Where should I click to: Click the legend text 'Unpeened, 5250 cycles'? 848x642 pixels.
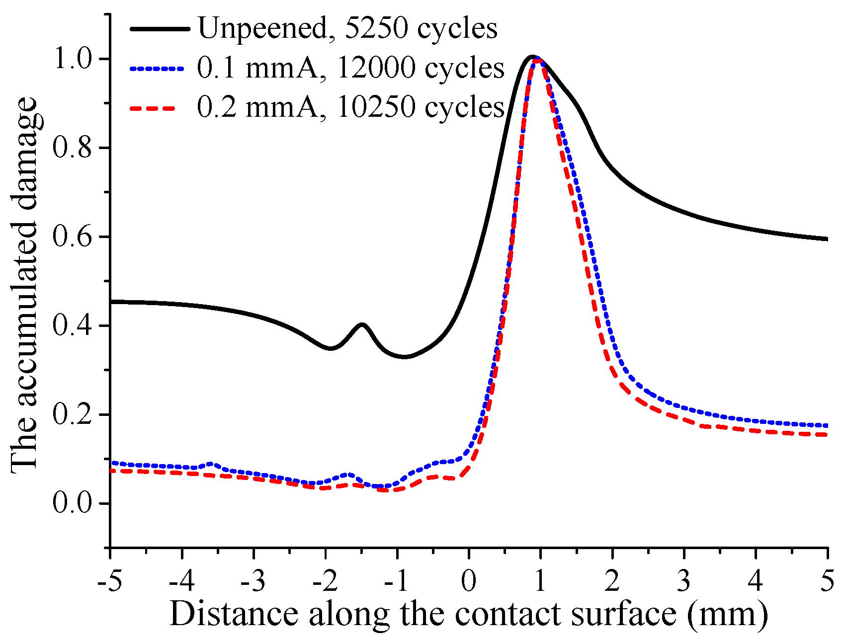click(x=347, y=28)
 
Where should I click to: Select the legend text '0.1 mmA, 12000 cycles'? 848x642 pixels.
click(x=351, y=68)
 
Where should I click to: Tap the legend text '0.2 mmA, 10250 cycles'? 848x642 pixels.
click(x=351, y=107)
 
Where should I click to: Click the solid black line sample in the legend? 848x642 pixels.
click(x=160, y=29)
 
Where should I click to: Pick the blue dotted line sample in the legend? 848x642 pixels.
click(x=160, y=68)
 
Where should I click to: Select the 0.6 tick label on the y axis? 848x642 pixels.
click(x=73, y=237)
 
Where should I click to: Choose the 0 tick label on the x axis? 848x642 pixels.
click(x=469, y=581)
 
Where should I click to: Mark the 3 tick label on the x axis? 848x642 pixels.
click(x=684, y=581)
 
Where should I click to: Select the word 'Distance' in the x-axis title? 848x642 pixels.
click(x=234, y=614)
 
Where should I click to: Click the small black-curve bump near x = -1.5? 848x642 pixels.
click(x=362, y=324)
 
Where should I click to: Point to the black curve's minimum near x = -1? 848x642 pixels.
click(x=405, y=356)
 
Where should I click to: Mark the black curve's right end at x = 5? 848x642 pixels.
click(x=826, y=239)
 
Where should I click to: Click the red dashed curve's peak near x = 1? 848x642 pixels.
click(x=537, y=60)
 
